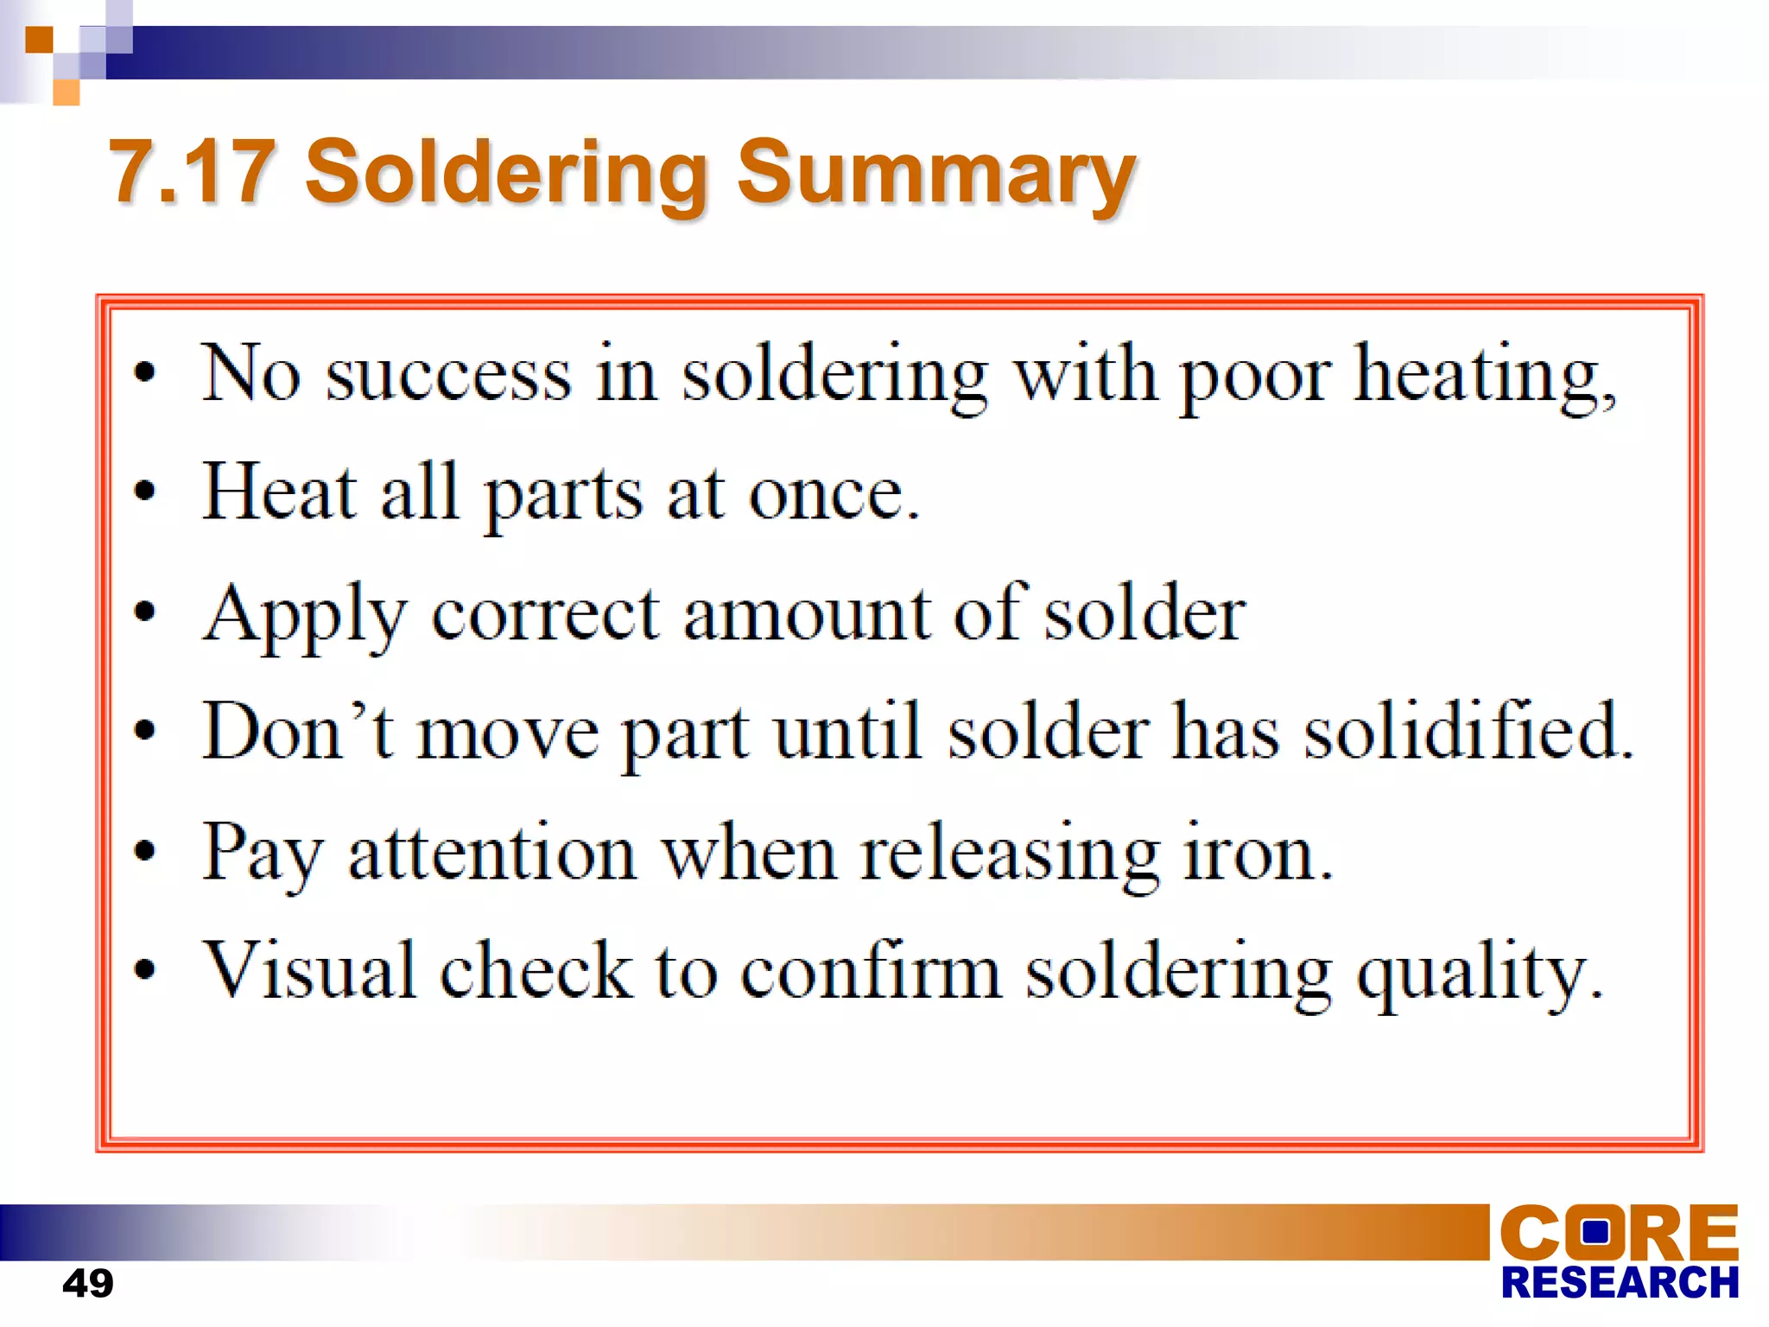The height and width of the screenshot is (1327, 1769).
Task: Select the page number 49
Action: [87, 1283]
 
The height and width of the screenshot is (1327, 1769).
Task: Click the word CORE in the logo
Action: [1619, 1233]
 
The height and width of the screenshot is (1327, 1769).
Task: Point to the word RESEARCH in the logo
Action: [1620, 1283]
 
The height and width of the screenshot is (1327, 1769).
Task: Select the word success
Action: [448, 376]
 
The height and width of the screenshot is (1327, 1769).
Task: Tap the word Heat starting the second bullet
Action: [278, 492]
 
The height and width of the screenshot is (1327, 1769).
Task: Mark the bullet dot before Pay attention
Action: [145, 852]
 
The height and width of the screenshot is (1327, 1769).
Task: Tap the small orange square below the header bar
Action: [67, 92]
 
